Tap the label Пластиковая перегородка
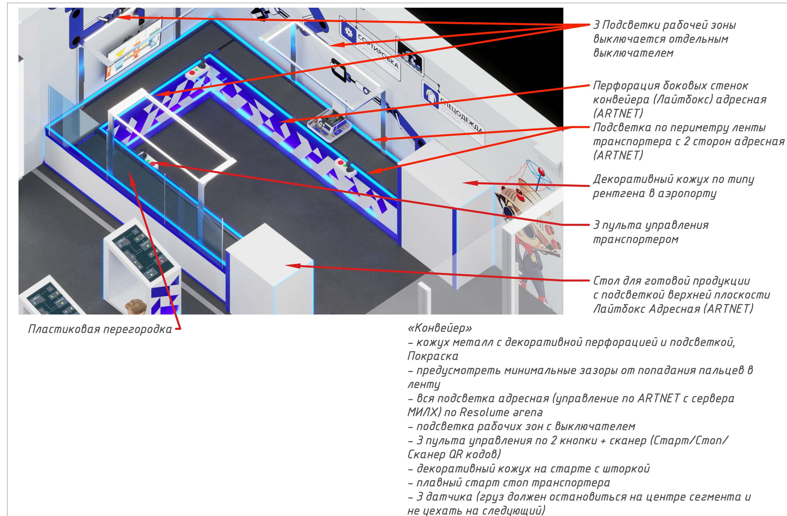(x=100, y=329)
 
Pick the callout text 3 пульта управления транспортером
(x=651, y=232)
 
